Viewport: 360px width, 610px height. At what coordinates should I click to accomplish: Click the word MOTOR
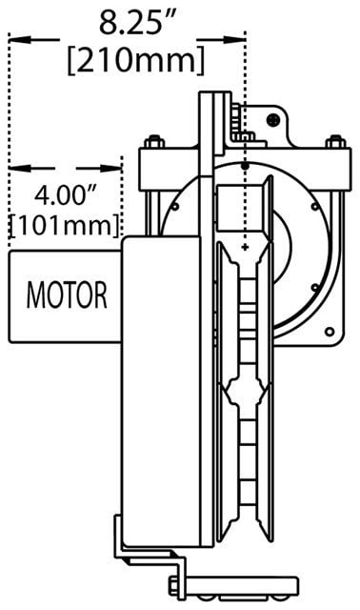[67, 295]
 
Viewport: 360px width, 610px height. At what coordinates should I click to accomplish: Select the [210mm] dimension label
[135, 60]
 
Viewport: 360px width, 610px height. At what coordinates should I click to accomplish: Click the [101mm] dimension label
[64, 225]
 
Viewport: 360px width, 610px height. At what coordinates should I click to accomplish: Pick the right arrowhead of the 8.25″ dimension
[234, 39]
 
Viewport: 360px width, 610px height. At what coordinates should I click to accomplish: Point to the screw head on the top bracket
[273, 120]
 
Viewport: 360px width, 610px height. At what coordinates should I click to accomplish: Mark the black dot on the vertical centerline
[245, 166]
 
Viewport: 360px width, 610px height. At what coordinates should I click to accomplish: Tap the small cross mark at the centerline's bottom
[245, 247]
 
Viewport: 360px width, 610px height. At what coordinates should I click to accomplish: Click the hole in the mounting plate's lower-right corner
[330, 332]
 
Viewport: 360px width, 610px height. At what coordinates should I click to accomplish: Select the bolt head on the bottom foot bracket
[173, 584]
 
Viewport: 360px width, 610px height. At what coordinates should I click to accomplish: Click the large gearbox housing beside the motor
[161, 391]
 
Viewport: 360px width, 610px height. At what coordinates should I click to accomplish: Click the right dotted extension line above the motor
[122, 196]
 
